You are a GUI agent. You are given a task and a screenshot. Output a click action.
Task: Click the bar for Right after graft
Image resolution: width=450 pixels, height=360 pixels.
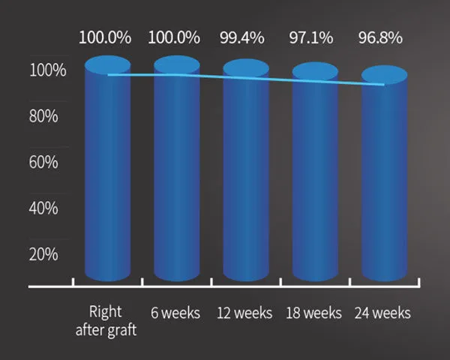107,172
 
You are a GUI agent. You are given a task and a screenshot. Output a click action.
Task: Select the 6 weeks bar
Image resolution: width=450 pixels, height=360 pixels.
177,172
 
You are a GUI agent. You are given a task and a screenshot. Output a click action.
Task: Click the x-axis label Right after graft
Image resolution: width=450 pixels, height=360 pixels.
104,320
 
